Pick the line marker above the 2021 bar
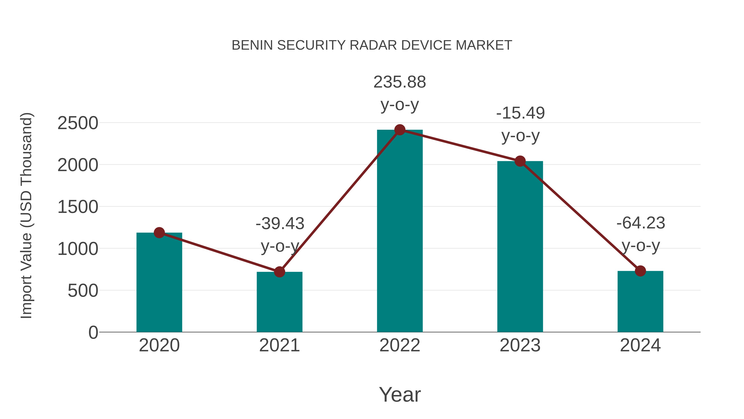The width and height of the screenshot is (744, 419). click(279, 272)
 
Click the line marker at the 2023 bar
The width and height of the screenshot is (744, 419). click(520, 161)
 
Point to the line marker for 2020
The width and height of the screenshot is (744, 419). click(159, 233)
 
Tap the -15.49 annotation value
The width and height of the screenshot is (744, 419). click(520, 113)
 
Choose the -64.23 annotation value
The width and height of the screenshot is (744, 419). click(641, 223)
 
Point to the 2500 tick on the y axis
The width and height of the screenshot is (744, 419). click(78, 124)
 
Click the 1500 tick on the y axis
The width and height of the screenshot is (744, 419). click(78, 207)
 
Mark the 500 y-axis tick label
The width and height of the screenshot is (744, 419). click(83, 291)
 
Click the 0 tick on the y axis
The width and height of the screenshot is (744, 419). click(93, 333)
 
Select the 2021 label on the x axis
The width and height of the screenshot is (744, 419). click(279, 345)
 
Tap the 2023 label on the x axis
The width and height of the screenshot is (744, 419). click(520, 345)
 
